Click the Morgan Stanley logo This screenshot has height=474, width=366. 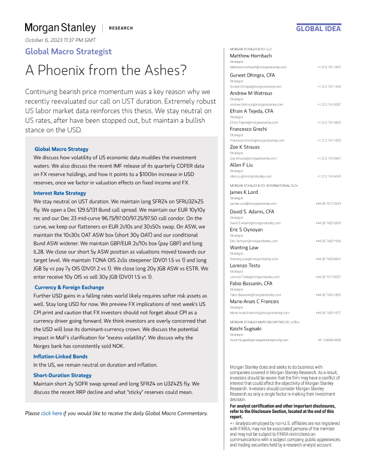[x=60, y=28]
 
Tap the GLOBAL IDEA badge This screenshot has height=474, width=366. [x=318, y=28]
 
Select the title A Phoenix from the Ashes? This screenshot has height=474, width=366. [x=106, y=70]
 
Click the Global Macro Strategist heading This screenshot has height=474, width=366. [x=68, y=51]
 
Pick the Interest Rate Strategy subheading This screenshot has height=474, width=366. [x=60, y=193]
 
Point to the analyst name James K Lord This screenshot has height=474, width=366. [x=246, y=192]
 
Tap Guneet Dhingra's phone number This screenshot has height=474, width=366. [x=329, y=86]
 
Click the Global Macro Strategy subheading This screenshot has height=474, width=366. [x=62, y=149]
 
